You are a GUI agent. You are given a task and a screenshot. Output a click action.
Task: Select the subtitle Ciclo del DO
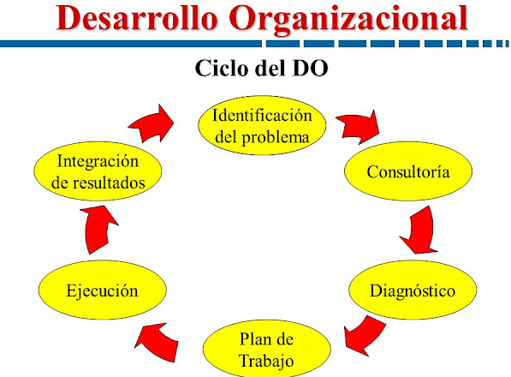pyautogui.click(x=255, y=68)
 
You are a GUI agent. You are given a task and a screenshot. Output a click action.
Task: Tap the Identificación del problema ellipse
pyautogui.click(x=262, y=125)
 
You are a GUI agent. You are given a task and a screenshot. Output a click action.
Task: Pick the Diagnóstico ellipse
pyautogui.click(x=413, y=291)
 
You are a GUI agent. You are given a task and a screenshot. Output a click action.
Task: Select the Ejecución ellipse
pyautogui.click(x=102, y=291)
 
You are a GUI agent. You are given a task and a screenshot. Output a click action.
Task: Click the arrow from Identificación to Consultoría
pyautogui.click(x=356, y=129)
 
